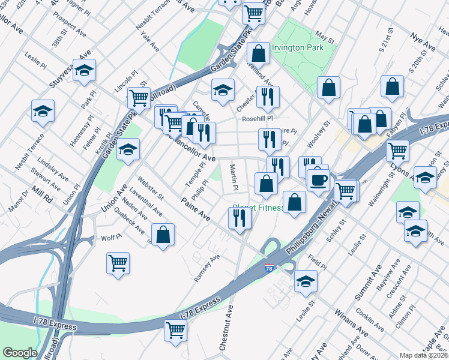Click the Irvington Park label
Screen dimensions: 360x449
point(297,47)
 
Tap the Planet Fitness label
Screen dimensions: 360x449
point(258,208)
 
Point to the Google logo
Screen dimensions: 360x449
point(20,353)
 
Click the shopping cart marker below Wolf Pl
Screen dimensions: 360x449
point(118,262)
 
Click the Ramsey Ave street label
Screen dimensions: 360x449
point(206,268)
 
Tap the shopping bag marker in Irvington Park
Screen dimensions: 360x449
point(258,53)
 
